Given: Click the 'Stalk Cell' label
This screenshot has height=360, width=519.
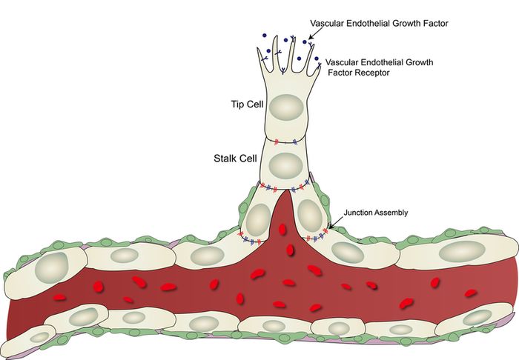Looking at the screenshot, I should (x=231, y=159).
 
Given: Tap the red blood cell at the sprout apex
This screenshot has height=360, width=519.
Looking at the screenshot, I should (x=282, y=230).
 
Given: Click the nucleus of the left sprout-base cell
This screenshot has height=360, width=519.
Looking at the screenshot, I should (x=257, y=219).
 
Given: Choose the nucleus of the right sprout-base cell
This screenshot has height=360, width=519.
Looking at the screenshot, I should (x=307, y=216).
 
